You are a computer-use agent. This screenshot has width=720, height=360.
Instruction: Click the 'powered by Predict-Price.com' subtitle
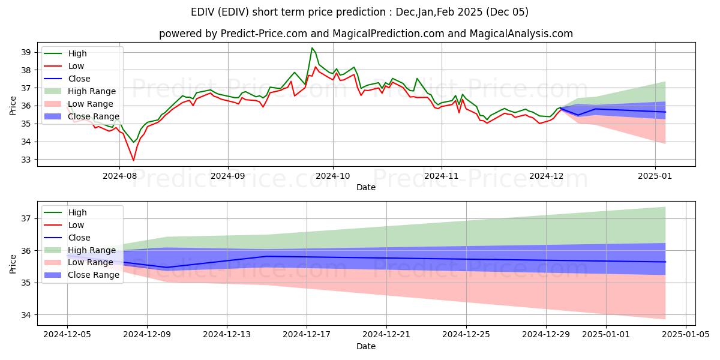[366, 34]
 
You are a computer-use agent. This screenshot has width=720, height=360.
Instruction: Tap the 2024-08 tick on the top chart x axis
[119, 176]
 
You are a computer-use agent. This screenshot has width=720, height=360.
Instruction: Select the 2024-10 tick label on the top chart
[333, 176]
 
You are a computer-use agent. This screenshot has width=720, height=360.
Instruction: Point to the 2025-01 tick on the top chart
[655, 176]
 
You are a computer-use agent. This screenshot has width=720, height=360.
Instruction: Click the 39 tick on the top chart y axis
[25, 52]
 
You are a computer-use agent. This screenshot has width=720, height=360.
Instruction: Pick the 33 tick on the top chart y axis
[25, 160]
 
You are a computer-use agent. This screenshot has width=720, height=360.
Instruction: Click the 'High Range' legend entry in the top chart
[91, 91]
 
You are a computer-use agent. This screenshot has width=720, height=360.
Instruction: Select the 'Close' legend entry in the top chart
[79, 79]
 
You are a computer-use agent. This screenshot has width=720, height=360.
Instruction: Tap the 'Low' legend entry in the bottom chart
[76, 225]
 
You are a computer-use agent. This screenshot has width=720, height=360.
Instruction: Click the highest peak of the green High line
[312, 48]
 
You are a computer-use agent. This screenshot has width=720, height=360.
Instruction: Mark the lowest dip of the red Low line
[133, 160]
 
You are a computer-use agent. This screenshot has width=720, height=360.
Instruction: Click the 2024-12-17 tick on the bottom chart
[307, 334]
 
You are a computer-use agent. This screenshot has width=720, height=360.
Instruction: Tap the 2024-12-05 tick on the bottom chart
[67, 334]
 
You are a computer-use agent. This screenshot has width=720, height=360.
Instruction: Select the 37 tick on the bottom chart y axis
[25, 218]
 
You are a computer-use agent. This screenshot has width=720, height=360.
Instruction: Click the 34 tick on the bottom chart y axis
[25, 314]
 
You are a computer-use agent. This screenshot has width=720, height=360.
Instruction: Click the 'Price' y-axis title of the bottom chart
[13, 263]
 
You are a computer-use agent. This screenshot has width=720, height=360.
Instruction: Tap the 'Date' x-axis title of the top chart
[366, 187]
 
